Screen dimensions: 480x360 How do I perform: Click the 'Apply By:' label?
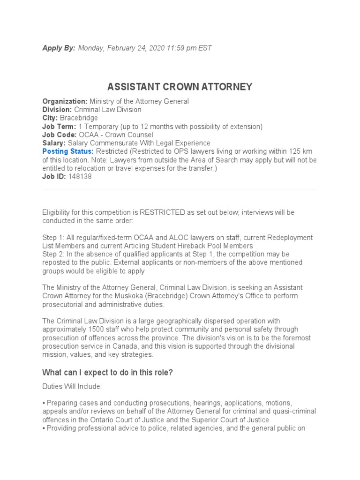pyautogui.click(x=59, y=48)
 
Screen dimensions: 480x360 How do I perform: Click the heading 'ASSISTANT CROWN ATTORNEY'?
pyautogui.click(x=180, y=87)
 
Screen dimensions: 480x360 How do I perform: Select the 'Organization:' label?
pyautogui.click(x=65, y=101)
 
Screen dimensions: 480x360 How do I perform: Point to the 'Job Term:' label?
pyautogui.click(x=59, y=127)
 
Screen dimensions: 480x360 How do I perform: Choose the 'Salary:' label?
pyautogui.click(x=54, y=143)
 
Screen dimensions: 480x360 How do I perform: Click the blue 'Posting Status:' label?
pyautogui.click(x=68, y=151)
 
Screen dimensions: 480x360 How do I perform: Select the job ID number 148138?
pyautogui.click(x=80, y=177)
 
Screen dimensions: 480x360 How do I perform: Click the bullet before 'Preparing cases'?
pyautogui.click(x=44, y=403)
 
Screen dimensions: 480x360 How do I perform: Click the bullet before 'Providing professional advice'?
pyautogui.click(x=44, y=428)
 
